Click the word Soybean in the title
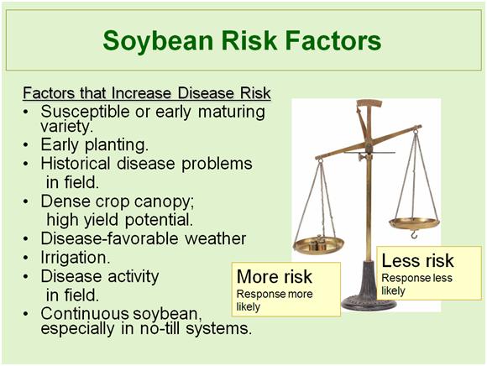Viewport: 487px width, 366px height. pos(158,41)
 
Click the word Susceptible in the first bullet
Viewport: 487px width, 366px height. pos(85,112)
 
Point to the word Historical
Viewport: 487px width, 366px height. pos(76,164)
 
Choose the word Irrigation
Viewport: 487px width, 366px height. pos(76,258)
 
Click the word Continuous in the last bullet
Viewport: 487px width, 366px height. pos(85,313)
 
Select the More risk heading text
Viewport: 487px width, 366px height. pos(275,276)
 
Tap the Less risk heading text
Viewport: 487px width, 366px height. pos(417,260)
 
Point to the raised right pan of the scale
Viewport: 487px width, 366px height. pos(414,223)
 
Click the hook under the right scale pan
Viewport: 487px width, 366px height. pos(414,235)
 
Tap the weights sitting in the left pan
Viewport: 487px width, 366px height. pos(317,243)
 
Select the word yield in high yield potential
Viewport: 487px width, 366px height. pos(101,220)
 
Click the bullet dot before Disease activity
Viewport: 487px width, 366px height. pos(26,276)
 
